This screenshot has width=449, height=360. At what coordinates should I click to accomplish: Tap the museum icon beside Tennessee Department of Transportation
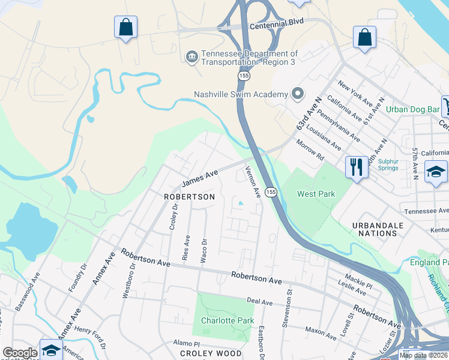[192, 58]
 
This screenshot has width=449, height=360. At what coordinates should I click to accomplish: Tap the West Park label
[316, 194]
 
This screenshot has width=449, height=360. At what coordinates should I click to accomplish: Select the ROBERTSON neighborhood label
[189, 197]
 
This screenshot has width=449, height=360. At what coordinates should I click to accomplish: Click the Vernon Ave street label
[253, 182]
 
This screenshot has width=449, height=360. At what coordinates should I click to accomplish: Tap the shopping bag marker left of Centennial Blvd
[125, 27]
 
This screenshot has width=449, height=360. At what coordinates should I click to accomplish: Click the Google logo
[20, 353]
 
